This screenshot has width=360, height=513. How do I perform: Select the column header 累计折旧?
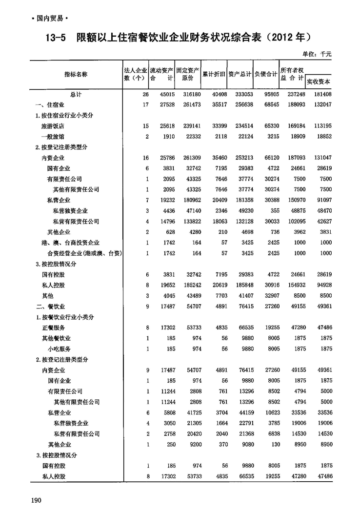click(x=214, y=74)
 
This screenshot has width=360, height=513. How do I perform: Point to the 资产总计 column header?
click(x=240, y=74)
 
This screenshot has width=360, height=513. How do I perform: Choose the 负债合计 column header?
click(x=265, y=74)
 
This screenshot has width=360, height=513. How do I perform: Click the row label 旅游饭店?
click(x=53, y=126)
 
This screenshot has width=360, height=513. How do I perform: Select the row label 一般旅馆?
click(x=53, y=136)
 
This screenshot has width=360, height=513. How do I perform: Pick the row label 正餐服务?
click(x=53, y=328)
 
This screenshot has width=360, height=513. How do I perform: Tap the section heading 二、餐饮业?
click(x=50, y=307)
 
